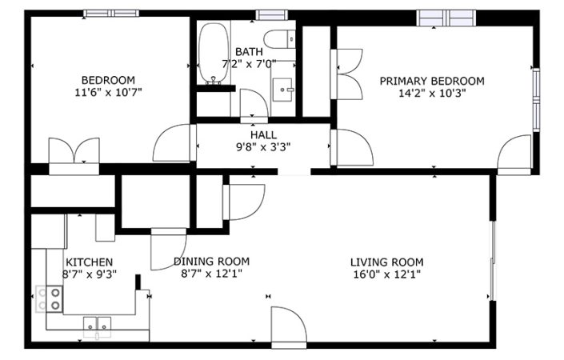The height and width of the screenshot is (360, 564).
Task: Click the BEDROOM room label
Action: (x=108, y=80)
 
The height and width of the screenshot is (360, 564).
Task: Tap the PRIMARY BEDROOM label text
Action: (x=432, y=81)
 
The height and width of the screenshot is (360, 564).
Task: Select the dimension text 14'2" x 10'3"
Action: (x=432, y=94)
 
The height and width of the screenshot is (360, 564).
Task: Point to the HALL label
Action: (x=264, y=135)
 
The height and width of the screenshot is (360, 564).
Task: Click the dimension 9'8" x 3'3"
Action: (x=263, y=147)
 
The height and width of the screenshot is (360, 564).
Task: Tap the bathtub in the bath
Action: (x=214, y=54)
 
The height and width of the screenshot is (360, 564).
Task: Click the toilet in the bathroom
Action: (x=279, y=39)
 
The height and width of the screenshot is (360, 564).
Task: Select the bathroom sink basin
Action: (x=282, y=90)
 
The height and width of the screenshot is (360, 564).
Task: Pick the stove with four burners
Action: (x=50, y=299)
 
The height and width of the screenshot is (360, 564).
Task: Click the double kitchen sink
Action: (x=97, y=324)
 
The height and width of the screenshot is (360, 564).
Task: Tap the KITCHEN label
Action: (x=90, y=262)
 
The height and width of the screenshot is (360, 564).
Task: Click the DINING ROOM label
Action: (x=211, y=261)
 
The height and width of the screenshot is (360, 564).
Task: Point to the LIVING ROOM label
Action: (x=387, y=262)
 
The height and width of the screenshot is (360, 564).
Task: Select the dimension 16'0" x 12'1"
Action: (x=387, y=274)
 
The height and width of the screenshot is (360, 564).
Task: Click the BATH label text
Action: (x=250, y=52)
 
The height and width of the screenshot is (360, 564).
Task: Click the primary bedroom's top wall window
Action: (x=446, y=18)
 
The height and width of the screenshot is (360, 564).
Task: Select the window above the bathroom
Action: (x=272, y=14)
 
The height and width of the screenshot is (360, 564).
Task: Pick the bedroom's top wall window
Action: (x=111, y=14)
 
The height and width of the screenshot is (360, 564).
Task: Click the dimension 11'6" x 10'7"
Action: (x=108, y=93)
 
